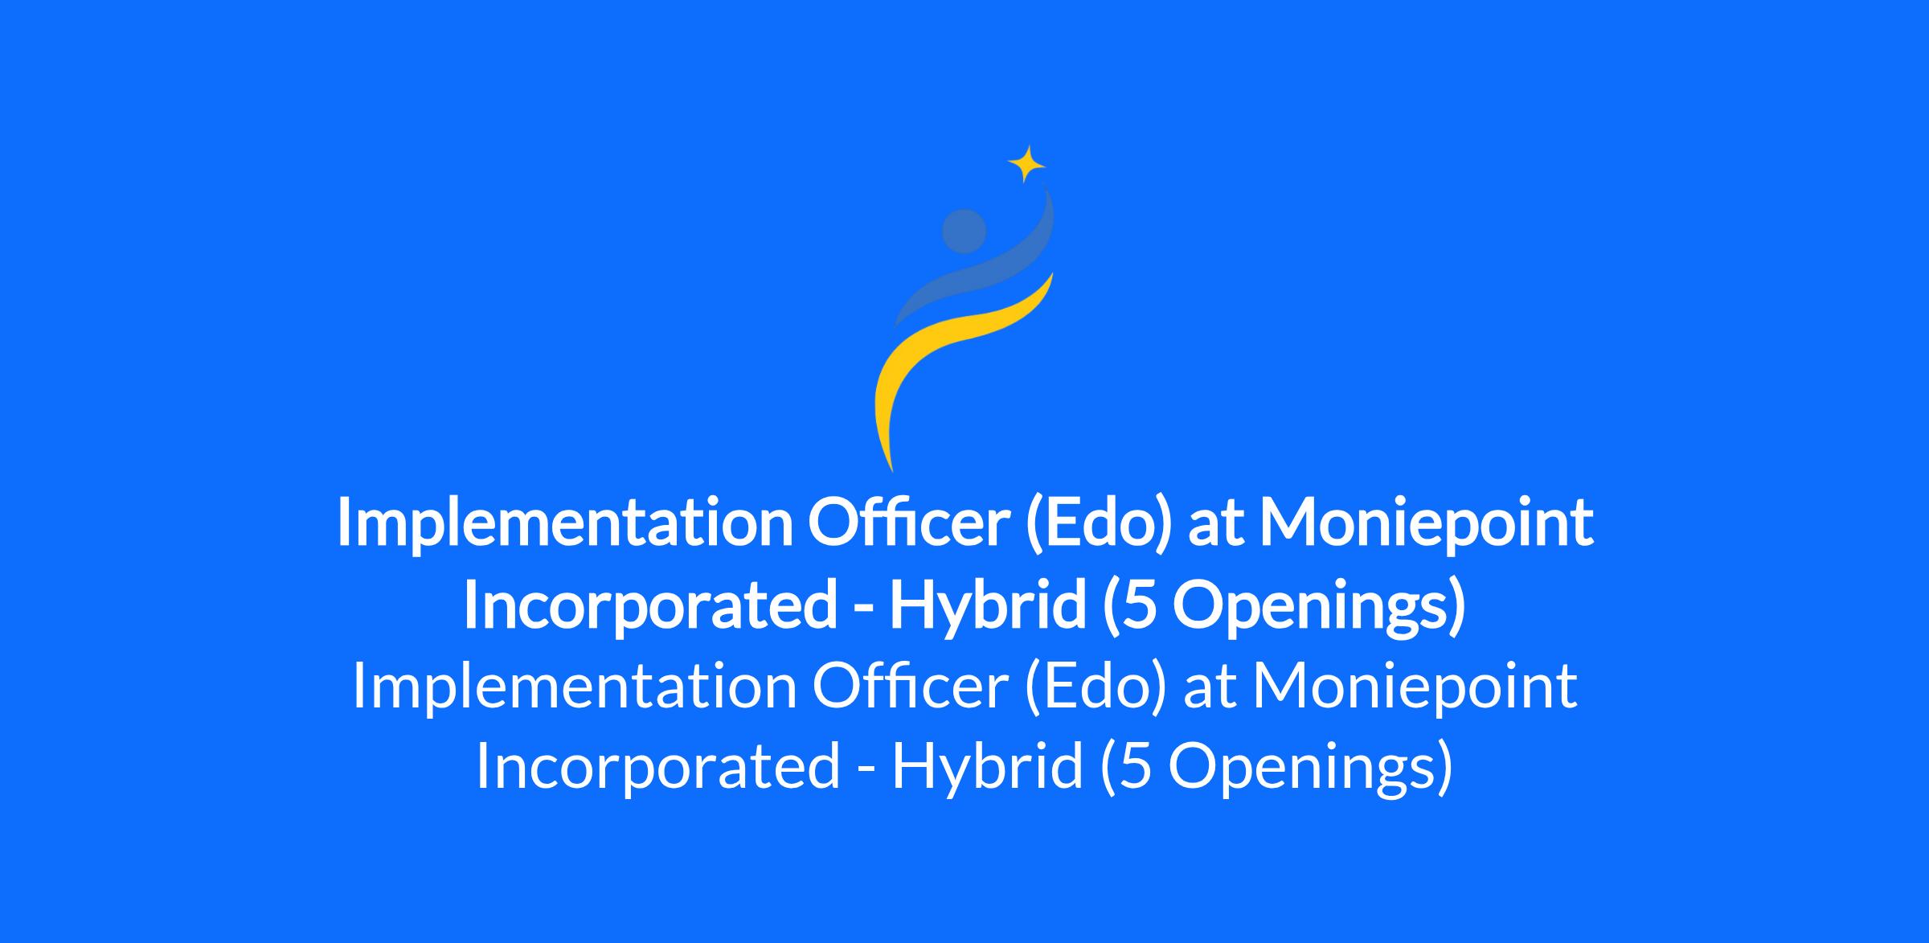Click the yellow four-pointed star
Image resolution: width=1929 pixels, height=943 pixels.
click(1026, 164)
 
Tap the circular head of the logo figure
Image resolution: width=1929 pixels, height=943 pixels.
click(964, 231)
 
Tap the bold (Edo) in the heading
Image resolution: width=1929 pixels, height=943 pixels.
click(1096, 523)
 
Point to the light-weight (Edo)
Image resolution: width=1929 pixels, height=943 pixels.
click(1096, 687)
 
